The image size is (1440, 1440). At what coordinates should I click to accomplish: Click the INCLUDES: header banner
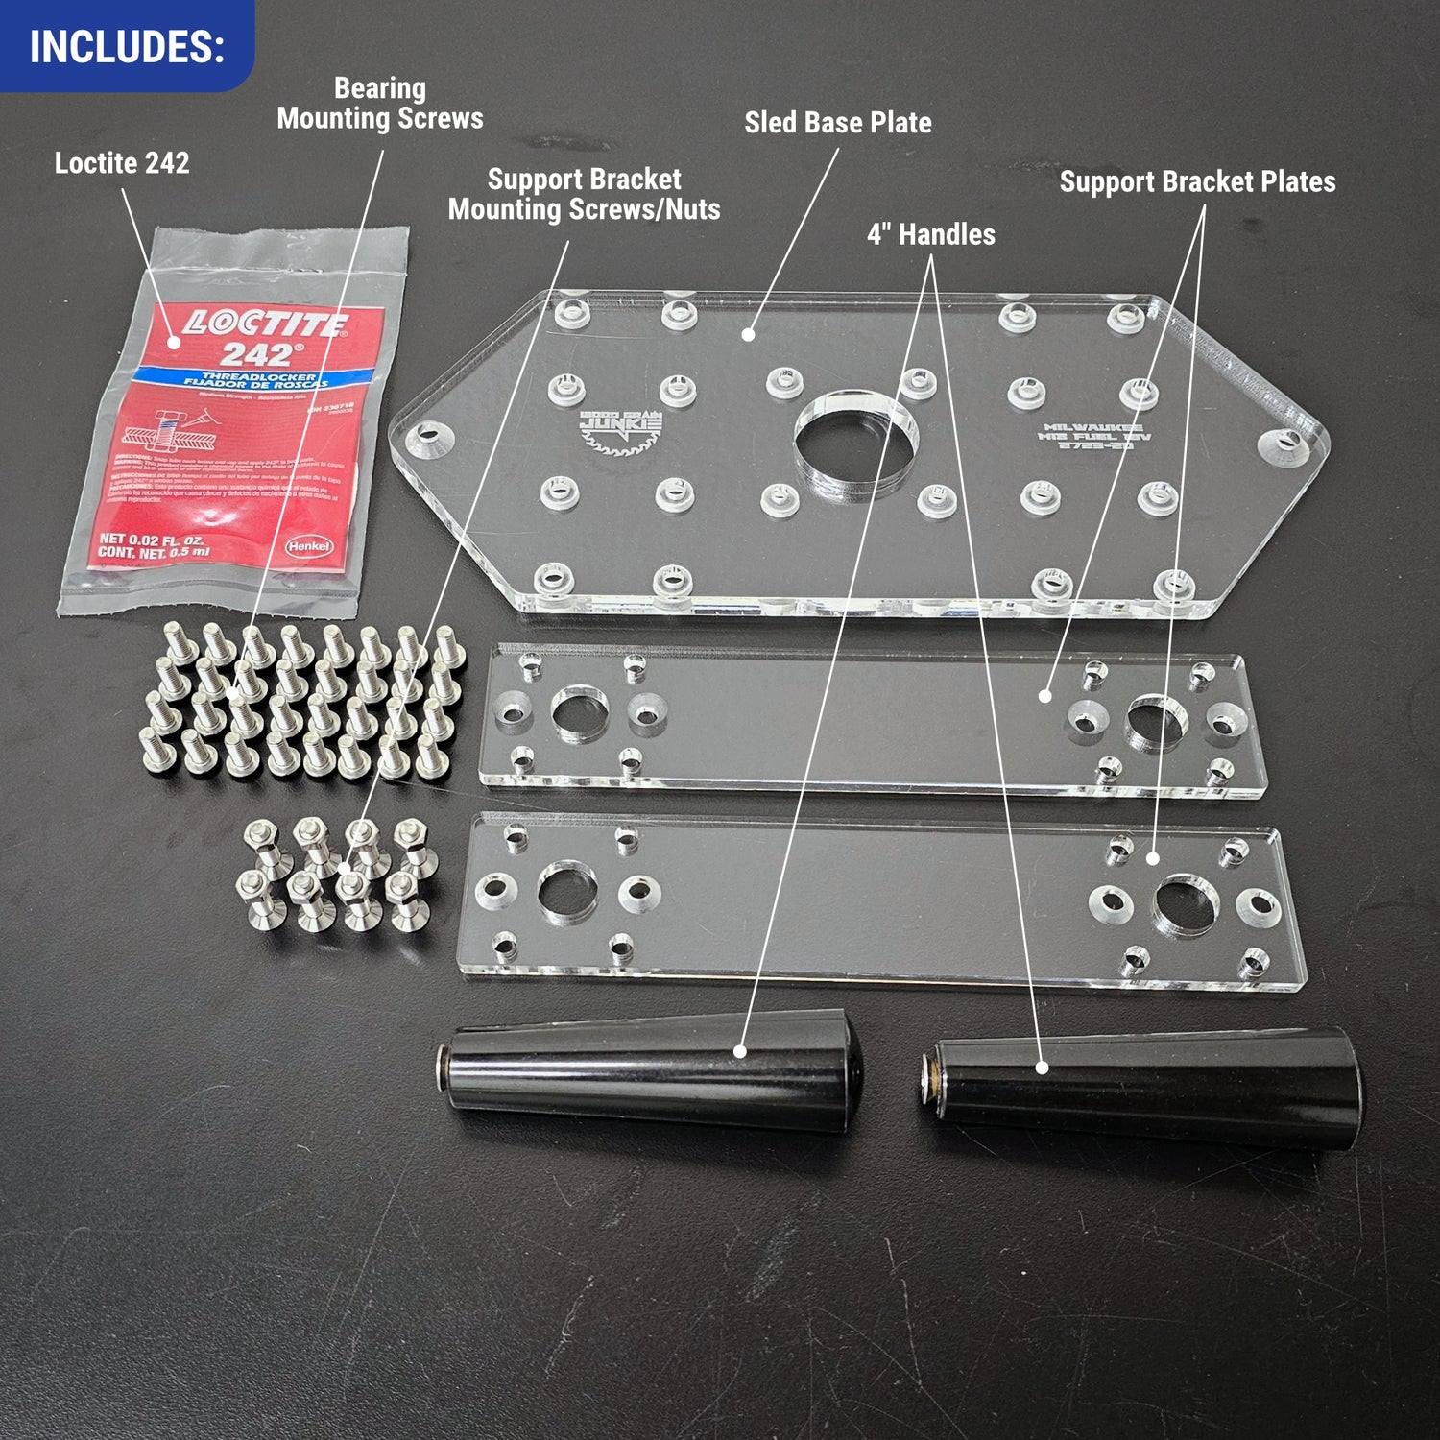click(x=127, y=46)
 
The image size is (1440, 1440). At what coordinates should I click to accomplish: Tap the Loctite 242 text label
click(x=122, y=163)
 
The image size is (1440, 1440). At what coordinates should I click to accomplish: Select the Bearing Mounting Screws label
click(x=380, y=104)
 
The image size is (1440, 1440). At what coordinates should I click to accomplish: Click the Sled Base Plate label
click(x=838, y=123)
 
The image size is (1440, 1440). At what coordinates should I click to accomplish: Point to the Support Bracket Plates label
click(x=1197, y=181)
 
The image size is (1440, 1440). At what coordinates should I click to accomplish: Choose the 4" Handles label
click(x=931, y=234)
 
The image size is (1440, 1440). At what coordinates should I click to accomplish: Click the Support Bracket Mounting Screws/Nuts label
click(x=584, y=195)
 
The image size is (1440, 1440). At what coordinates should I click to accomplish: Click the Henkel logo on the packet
click(x=309, y=546)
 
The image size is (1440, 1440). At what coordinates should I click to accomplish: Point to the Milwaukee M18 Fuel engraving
click(x=1093, y=436)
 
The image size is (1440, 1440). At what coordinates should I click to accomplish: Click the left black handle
click(x=653, y=1070)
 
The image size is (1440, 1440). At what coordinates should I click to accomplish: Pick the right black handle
click(x=1142, y=1085)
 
